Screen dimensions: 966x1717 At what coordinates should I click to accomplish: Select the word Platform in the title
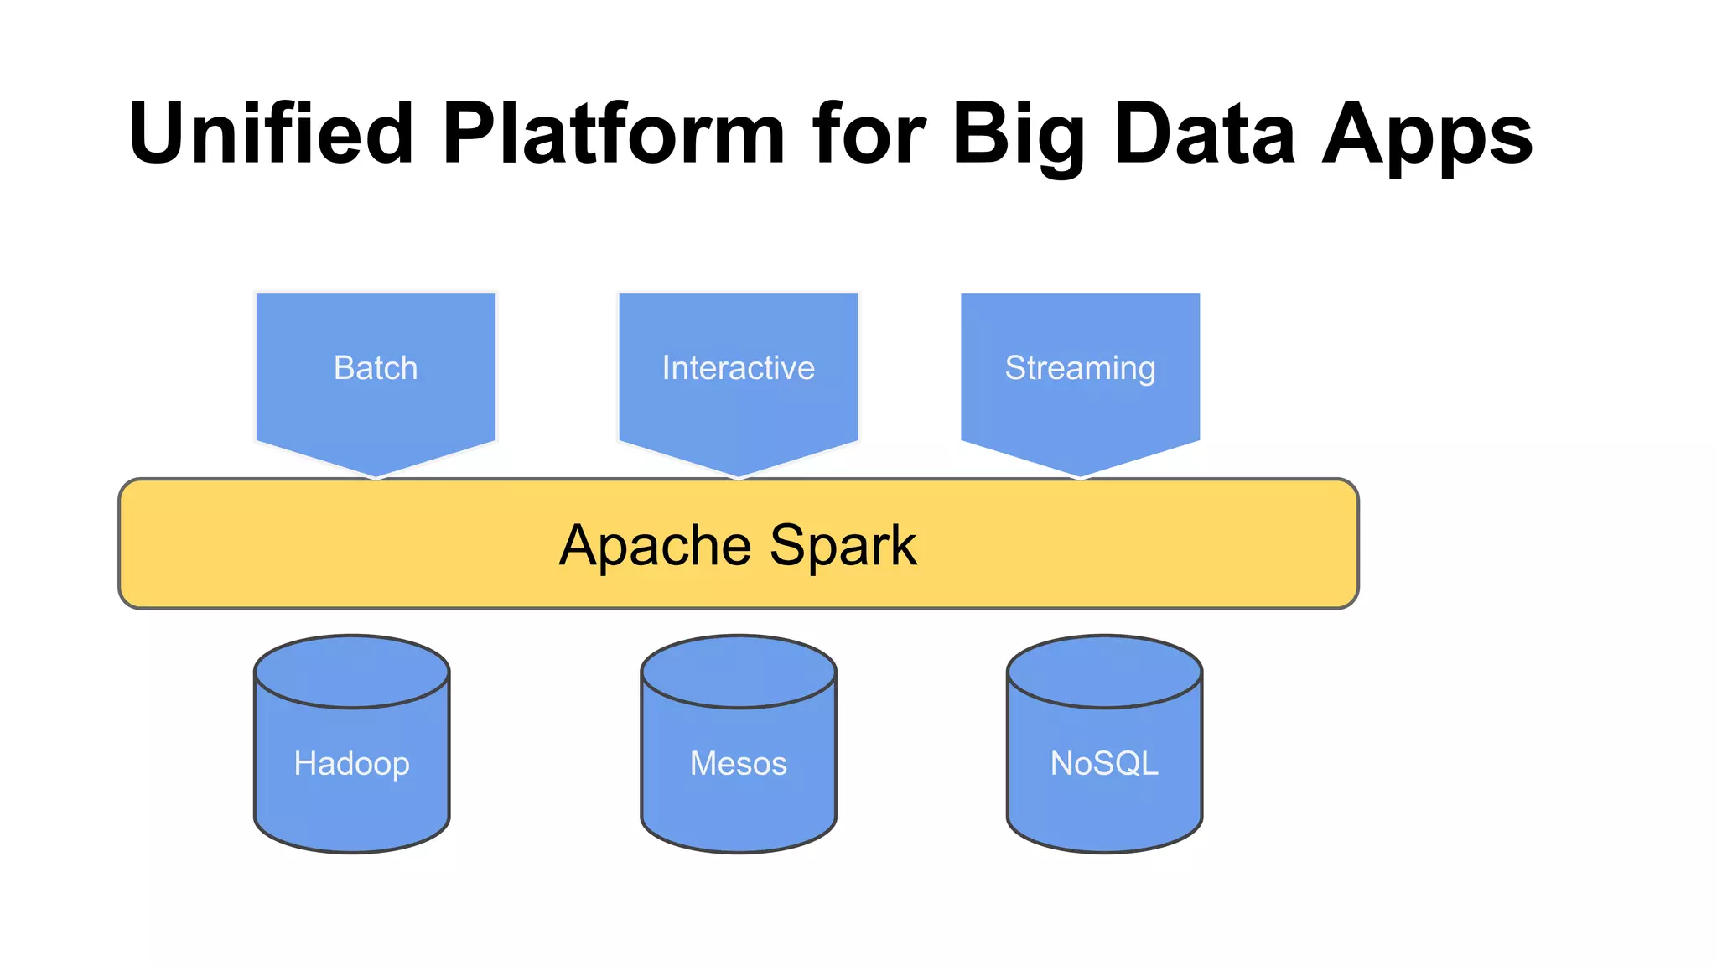coord(613,134)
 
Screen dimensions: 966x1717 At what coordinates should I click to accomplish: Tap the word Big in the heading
coord(1019,134)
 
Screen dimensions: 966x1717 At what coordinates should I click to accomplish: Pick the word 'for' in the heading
coord(868,134)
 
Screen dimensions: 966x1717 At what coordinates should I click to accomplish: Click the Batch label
coord(376,368)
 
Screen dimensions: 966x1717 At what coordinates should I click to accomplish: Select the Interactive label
coord(738,368)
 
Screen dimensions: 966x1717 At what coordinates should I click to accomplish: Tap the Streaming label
coord(1080,368)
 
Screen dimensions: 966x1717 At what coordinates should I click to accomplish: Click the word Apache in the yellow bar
coord(656,546)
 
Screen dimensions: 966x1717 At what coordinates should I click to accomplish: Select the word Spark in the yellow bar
coord(843,546)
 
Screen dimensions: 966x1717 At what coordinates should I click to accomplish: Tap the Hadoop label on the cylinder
coord(352,763)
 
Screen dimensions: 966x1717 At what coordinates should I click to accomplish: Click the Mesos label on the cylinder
coord(739,763)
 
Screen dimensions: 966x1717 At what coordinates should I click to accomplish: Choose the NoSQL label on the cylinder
coord(1104,763)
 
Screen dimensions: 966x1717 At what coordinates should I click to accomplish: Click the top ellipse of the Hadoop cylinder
coord(352,672)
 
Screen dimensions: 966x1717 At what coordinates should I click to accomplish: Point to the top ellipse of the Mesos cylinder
coord(739,672)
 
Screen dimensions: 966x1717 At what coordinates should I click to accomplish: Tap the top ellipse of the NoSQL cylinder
coord(1104,672)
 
